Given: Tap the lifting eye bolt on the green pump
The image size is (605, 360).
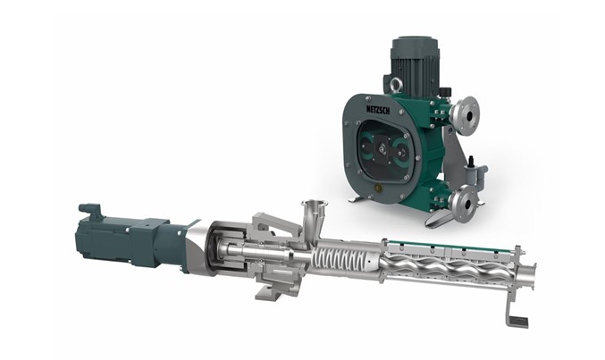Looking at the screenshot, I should coord(395,85).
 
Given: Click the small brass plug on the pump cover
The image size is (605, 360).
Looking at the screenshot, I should coord(378,188).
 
